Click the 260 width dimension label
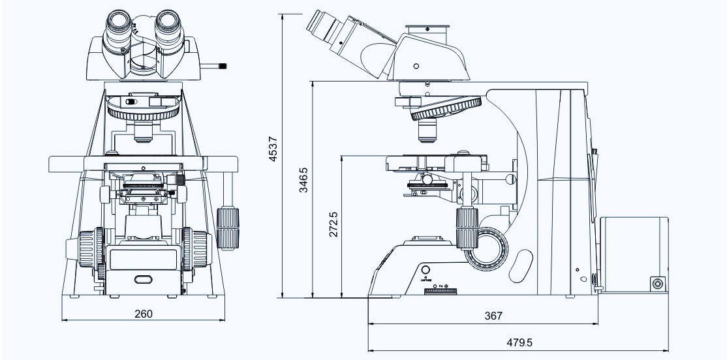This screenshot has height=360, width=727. [143, 314]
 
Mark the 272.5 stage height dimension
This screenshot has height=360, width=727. [333, 224]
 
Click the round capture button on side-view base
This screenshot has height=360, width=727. [426, 270]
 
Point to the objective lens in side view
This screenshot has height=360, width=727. [427, 131]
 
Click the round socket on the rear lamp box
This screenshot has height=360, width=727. [656, 284]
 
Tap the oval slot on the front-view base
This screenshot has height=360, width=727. [142, 280]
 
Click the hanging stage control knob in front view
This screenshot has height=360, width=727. [228, 228]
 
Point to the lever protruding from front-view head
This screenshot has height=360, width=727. [216, 65]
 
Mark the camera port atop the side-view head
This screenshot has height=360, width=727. [427, 31]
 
